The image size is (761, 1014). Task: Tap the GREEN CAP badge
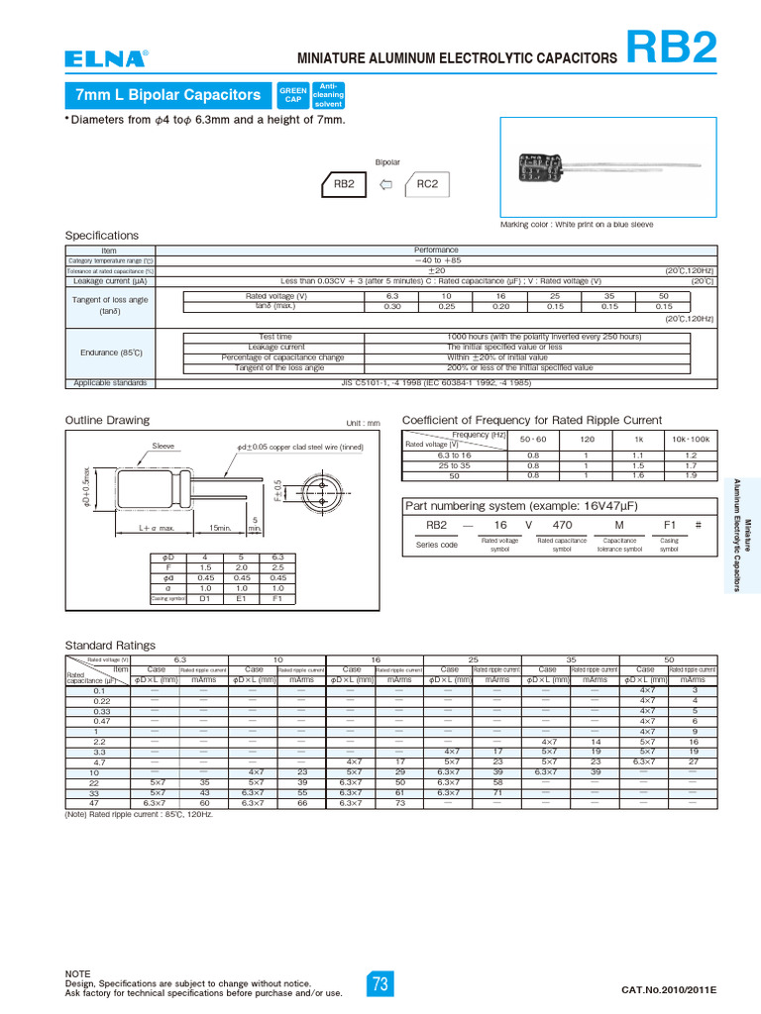pyautogui.click(x=292, y=95)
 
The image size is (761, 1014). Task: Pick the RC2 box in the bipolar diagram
pyautogui.click(x=427, y=184)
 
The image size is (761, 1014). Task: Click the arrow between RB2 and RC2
pyautogui.click(x=386, y=184)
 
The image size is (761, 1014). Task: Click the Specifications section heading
pyautogui.click(x=102, y=236)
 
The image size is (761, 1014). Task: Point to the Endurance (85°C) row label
pyautogui.click(x=111, y=352)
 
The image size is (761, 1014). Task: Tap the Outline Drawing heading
pyautogui.click(x=107, y=420)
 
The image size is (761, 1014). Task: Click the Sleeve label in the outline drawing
pyautogui.click(x=163, y=447)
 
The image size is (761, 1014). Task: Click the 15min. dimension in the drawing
pyautogui.click(x=219, y=528)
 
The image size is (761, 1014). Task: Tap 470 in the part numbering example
pyautogui.click(x=561, y=525)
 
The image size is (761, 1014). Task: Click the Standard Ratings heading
pyautogui.click(x=110, y=646)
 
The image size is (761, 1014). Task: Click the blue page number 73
pyautogui.click(x=380, y=983)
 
